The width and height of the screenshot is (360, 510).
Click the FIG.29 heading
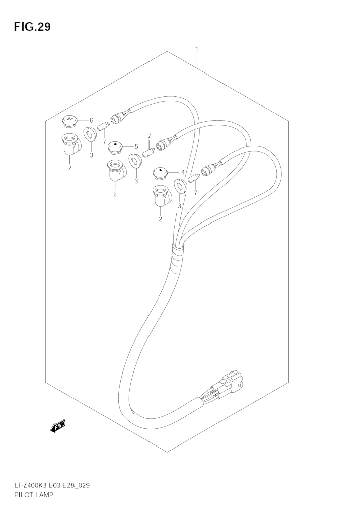(x=32, y=27)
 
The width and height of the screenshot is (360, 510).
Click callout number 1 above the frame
(x=197, y=49)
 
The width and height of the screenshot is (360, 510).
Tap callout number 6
(x=92, y=120)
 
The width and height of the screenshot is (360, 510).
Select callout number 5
(x=136, y=147)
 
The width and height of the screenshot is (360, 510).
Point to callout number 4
(x=183, y=172)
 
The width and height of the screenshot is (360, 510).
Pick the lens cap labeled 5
(x=115, y=147)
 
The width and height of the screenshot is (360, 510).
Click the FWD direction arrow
(x=58, y=426)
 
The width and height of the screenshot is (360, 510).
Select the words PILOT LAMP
(x=33, y=495)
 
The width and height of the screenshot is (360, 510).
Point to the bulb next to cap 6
(x=103, y=126)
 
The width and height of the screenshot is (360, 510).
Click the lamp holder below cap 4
(x=161, y=196)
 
